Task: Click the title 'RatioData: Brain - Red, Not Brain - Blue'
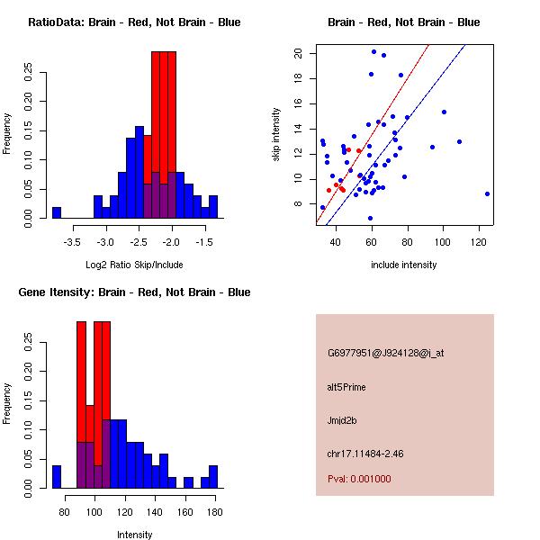pyautogui.click(x=134, y=22)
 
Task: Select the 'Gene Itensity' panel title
pyautogui.click(x=134, y=292)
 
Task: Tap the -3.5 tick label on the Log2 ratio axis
pyautogui.click(x=73, y=242)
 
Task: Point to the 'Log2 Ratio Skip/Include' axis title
pyautogui.click(x=134, y=264)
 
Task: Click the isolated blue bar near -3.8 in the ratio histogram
pyautogui.click(x=56, y=212)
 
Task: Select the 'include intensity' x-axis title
pyautogui.click(x=404, y=265)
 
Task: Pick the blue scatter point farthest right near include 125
pyautogui.click(x=487, y=193)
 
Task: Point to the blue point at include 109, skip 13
pyautogui.click(x=459, y=141)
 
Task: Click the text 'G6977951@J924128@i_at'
pyautogui.click(x=385, y=353)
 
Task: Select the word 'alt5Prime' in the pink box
pyautogui.click(x=346, y=387)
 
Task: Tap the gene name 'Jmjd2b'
pyautogui.click(x=342, y=420)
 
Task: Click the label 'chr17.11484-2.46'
pyautogui.click(x=365, y=454)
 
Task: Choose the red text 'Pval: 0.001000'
pyautogui.click(x=359, y=479)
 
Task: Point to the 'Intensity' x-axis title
pyautogui.click(x=134, y=535)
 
